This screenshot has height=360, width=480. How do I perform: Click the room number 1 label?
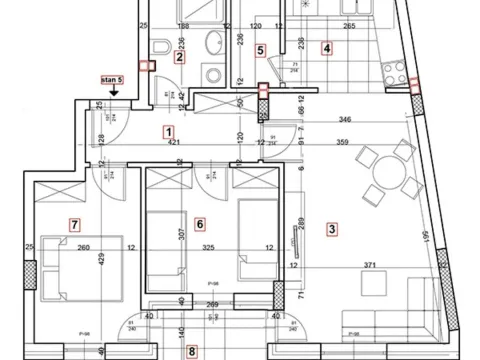point(169,131)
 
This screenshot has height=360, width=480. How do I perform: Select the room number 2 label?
point(179,57)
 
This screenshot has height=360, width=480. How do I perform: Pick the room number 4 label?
point(327,47)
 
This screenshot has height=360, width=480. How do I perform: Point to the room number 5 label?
point(260,49)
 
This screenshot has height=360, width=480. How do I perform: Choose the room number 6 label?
point(200,224)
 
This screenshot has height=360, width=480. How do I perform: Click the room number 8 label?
point(192,351)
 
